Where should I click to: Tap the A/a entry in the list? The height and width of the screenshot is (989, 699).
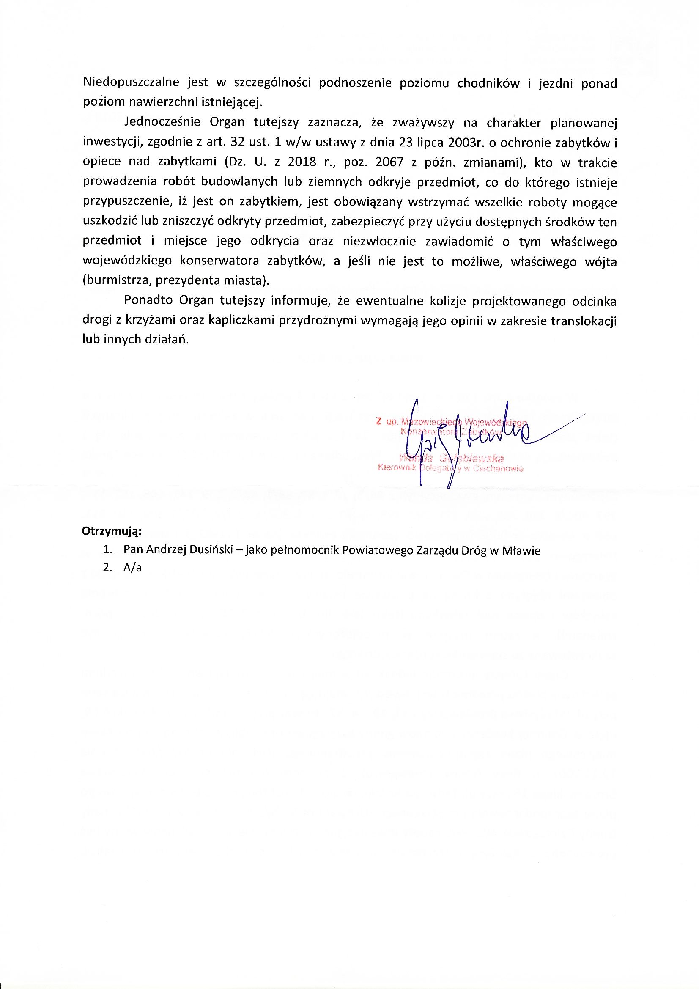[x=132, y=568]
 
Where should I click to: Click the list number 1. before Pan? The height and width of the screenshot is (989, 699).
[x=108, y=550]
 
